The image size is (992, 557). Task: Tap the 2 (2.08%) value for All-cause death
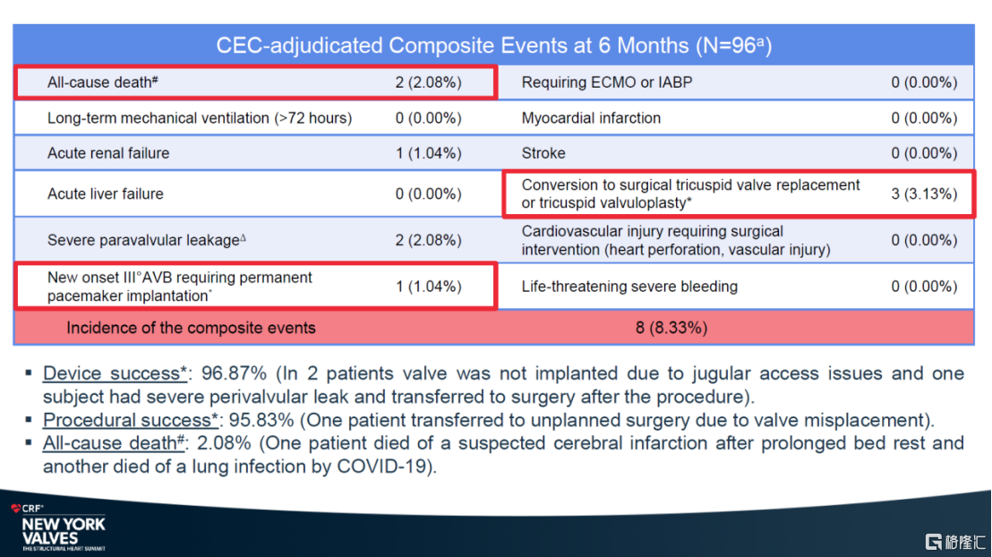point(428,82)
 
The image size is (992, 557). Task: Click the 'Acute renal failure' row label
point(108,153)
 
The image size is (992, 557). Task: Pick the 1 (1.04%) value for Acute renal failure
point(428,153)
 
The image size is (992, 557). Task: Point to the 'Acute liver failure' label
point(106,193)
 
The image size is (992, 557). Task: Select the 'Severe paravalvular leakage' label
point(144,240)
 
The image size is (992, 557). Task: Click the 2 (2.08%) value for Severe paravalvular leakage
point(428,240)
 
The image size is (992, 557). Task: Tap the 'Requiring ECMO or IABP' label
point(607,82)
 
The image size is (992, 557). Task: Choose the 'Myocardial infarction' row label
point(591,117)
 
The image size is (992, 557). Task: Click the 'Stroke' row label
point(543,153)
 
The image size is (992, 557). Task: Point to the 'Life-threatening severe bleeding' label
point(629,287)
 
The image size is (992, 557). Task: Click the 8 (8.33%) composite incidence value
point(671,328)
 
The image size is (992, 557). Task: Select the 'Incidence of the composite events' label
point(191,328)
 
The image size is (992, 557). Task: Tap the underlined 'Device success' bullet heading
point(112,373)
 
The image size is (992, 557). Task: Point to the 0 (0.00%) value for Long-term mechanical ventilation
point(428,117)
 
